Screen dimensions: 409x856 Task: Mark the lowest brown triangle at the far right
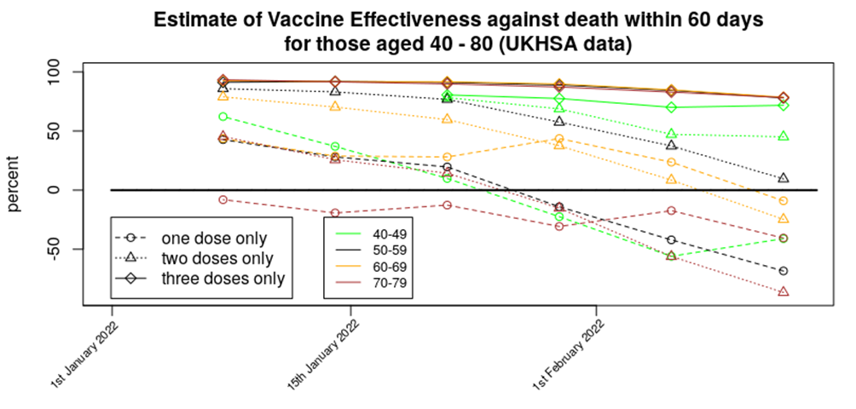click(x=784, y=292)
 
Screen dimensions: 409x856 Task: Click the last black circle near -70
click(x=784, y=271)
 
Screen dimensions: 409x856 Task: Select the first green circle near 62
click(x=223, y=117)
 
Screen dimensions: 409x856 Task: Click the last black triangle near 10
click(x=784, y=178)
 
